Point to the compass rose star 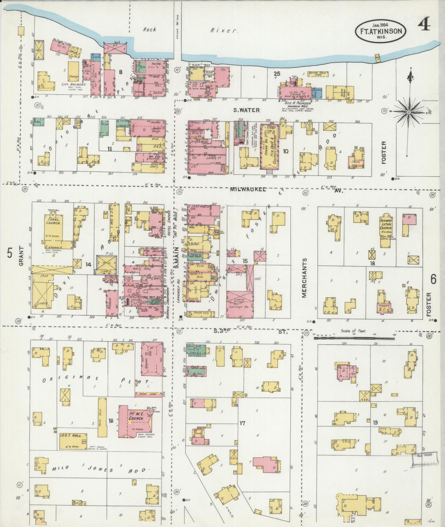coord(409,112)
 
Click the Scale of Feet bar coord(354,338)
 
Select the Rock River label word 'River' coord(224,30)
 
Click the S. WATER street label coord(246,110)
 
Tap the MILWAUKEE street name coord(248,189)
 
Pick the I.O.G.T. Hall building coord(73,441)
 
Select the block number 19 coord(375,422)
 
